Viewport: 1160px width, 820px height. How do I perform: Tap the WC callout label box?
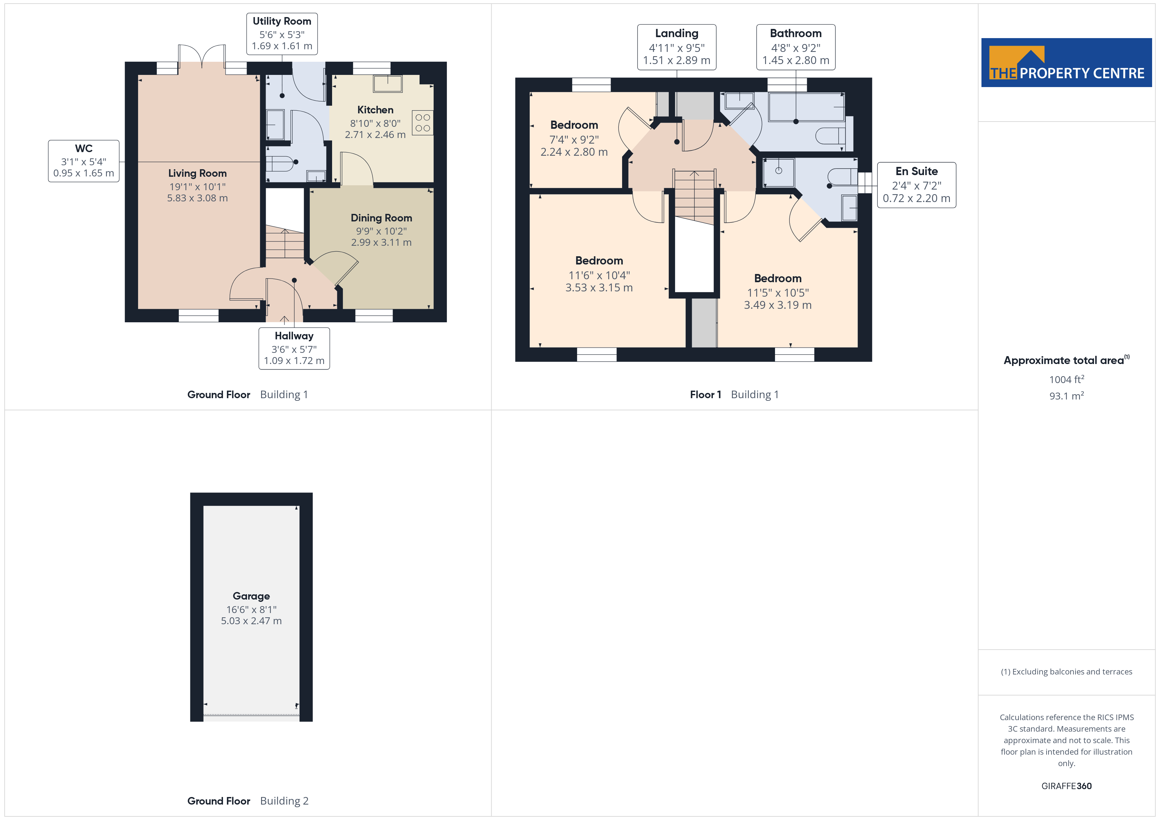click(x=84, y=161)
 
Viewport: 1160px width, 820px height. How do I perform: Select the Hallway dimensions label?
click(x=294, y=348)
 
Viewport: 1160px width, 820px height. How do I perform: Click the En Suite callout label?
click(x=916, y=185)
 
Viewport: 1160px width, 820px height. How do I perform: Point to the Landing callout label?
click(x=676, y=47)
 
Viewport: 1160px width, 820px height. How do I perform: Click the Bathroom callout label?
click(x=796, y=47)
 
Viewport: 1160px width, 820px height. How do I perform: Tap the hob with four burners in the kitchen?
click(x=423, y=123)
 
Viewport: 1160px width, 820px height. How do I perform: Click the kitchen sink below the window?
click(x=388, y=84)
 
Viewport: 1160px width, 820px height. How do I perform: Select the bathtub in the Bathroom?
click(x=806, y=107)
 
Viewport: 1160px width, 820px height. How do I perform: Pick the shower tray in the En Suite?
click(x=779, y=172)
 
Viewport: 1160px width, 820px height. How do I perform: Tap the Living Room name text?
click(x=198, y=173)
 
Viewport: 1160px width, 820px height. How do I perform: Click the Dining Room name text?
click(x=381, y=217)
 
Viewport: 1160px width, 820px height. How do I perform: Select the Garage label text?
click(x=251, y=596)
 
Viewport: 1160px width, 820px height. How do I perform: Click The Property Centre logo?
click(x=1067, y=63)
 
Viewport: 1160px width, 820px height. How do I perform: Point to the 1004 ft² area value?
click(x=1067, y=379)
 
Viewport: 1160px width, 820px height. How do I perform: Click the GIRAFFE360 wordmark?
click(x=1067, y=786)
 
